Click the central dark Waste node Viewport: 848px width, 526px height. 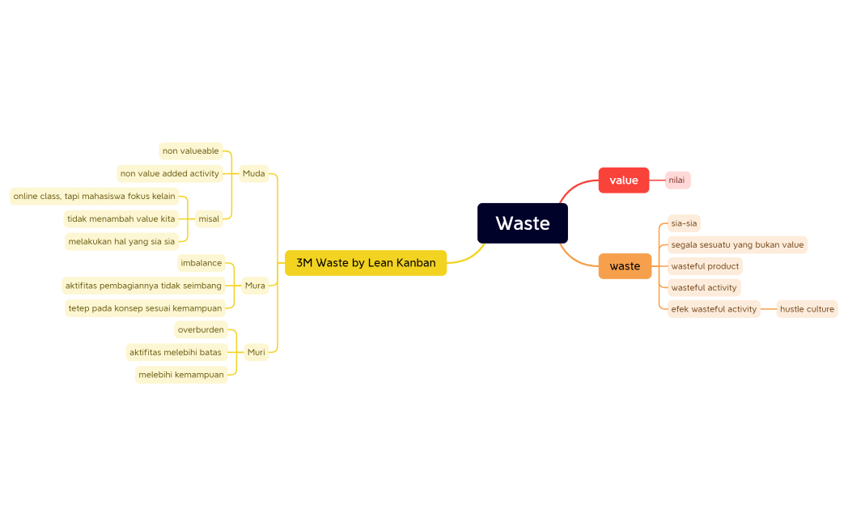click(x=522, y=223)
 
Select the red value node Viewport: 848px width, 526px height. click(x=623, y=180)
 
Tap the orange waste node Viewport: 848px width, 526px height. click(x=625, y=266)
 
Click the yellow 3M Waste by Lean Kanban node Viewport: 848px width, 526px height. click(x=366, y=263)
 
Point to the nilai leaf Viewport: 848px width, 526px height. click(x=677, y=180)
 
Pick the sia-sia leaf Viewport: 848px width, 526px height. click(x=684, y=223)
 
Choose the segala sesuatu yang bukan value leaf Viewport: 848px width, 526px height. click(x=737, y=244)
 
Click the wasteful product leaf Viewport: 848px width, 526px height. click(x=705, y=266)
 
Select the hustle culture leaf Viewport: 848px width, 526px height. click(x=807, y=309)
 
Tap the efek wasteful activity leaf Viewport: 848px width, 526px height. click(x=714, y=309)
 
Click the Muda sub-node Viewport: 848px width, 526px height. click(x=253, y=173)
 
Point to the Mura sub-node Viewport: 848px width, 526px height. click(x=255, y=285)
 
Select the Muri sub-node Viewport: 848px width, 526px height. click(x=256, y=352)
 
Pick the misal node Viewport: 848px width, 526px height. click(x=209, y=218)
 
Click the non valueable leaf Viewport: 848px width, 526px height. click(x=191, y=151)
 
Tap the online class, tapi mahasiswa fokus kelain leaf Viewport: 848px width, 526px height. click(x=94, y=196)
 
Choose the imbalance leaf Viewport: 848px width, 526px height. click(x=201, y=263)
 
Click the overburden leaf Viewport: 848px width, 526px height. click(x=201, y=329)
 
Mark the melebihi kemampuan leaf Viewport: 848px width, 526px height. click(x=181, y=375)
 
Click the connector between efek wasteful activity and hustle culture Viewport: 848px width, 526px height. click(x=769, y=309)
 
